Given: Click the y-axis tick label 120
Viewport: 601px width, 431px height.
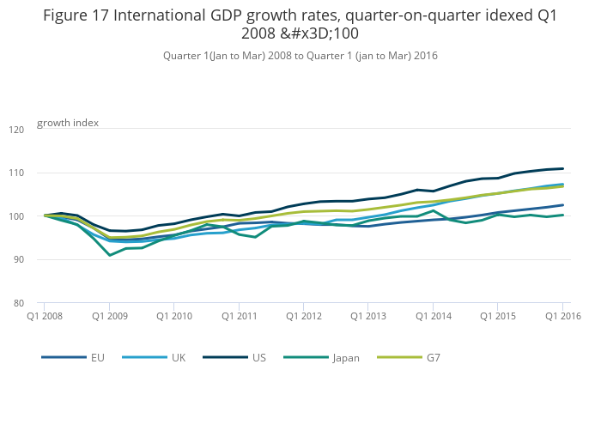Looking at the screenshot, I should pyautogui.click(x=16, y=130).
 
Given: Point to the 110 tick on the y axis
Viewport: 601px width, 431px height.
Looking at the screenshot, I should pyautogui.click(x=16, y=173).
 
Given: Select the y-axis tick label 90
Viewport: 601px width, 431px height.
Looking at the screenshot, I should pyautogui.click(x=19, y=260).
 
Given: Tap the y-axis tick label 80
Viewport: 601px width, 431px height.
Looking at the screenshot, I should pyautogui.click(x=19, y=303).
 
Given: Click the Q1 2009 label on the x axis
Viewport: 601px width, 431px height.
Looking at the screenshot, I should pyautogui.click(x=109, y=317).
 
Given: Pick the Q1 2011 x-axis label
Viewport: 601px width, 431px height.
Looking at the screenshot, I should pyautogui.click(x=239, y=317).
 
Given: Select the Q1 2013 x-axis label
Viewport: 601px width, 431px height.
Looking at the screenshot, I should pyautogui.click(x=367, y=317).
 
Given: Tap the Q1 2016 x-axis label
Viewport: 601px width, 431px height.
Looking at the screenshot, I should pyautogui.click(x=562, y=317).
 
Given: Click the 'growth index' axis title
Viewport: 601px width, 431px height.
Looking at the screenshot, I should pyautogui.click(x=68, y=123).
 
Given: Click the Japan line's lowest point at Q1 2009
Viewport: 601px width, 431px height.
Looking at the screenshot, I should pyautogui.click(x=109, y=255).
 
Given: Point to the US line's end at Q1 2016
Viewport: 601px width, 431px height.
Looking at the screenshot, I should pyautogui.click(x=562, y=168).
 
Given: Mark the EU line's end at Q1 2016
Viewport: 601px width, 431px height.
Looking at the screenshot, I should pyautogui.click(x=562, y=205).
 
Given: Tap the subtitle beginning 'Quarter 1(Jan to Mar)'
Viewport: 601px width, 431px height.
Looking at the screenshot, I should pyautogui.click(x=300, y=56).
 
